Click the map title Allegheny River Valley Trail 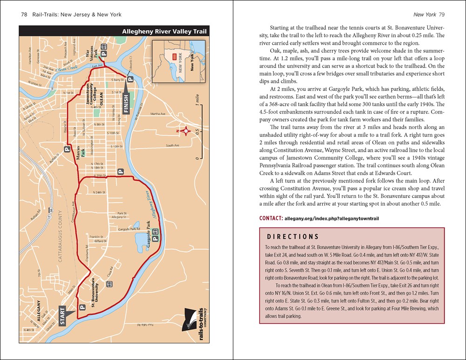pyautogui.click(x=164, y=32)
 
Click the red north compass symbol pyautogui.click(x=185, y=131)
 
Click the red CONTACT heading pyautogui.click(x=271, y=217)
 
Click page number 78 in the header pyautogui.click(x=25, y=15)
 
